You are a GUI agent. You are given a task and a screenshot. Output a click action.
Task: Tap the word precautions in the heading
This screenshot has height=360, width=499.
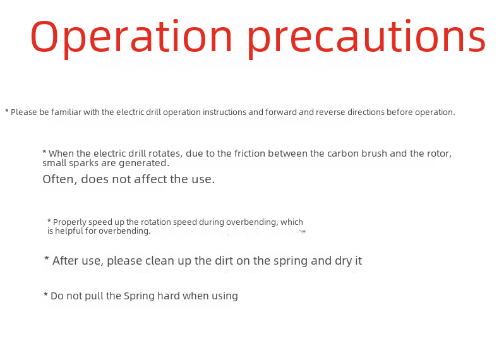pyautogui.click(x=366, y=38)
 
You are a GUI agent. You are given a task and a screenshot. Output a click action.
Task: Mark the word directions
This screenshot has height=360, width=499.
pyautogui.click(x=366, y=112)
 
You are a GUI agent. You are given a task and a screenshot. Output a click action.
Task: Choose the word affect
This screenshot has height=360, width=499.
pyautogui.click(x=150, y=179)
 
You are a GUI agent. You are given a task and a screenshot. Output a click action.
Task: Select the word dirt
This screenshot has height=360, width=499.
pyautogui.click(x=224, y=261)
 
